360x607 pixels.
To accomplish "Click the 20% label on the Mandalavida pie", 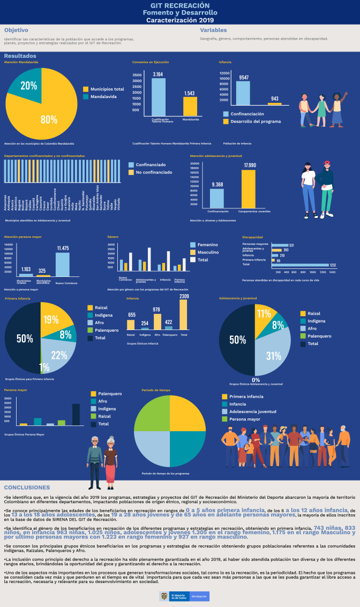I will (x=28, y=86).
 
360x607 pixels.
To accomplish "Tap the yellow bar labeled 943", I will (x=274, y=103).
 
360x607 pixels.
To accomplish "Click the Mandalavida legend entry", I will (x=101, y=96).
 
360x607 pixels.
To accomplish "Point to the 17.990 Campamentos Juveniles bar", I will (x=249, y=188).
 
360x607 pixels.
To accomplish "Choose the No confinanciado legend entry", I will (x=150, y=173).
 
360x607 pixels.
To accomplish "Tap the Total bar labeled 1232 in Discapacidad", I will (x=300, y=265).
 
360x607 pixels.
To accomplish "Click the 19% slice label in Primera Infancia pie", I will (x=51, y=320).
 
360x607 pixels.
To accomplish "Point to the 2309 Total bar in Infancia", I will (x=184, y=314).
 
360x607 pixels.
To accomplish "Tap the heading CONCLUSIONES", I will (x=27, y=488).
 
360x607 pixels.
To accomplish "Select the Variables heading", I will (x=213, y=30).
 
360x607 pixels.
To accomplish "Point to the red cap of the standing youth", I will (x=327, y=162).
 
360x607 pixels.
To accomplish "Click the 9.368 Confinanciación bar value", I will (x=217, y=184).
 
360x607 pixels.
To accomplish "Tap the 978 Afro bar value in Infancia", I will (x=156, y=310).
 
